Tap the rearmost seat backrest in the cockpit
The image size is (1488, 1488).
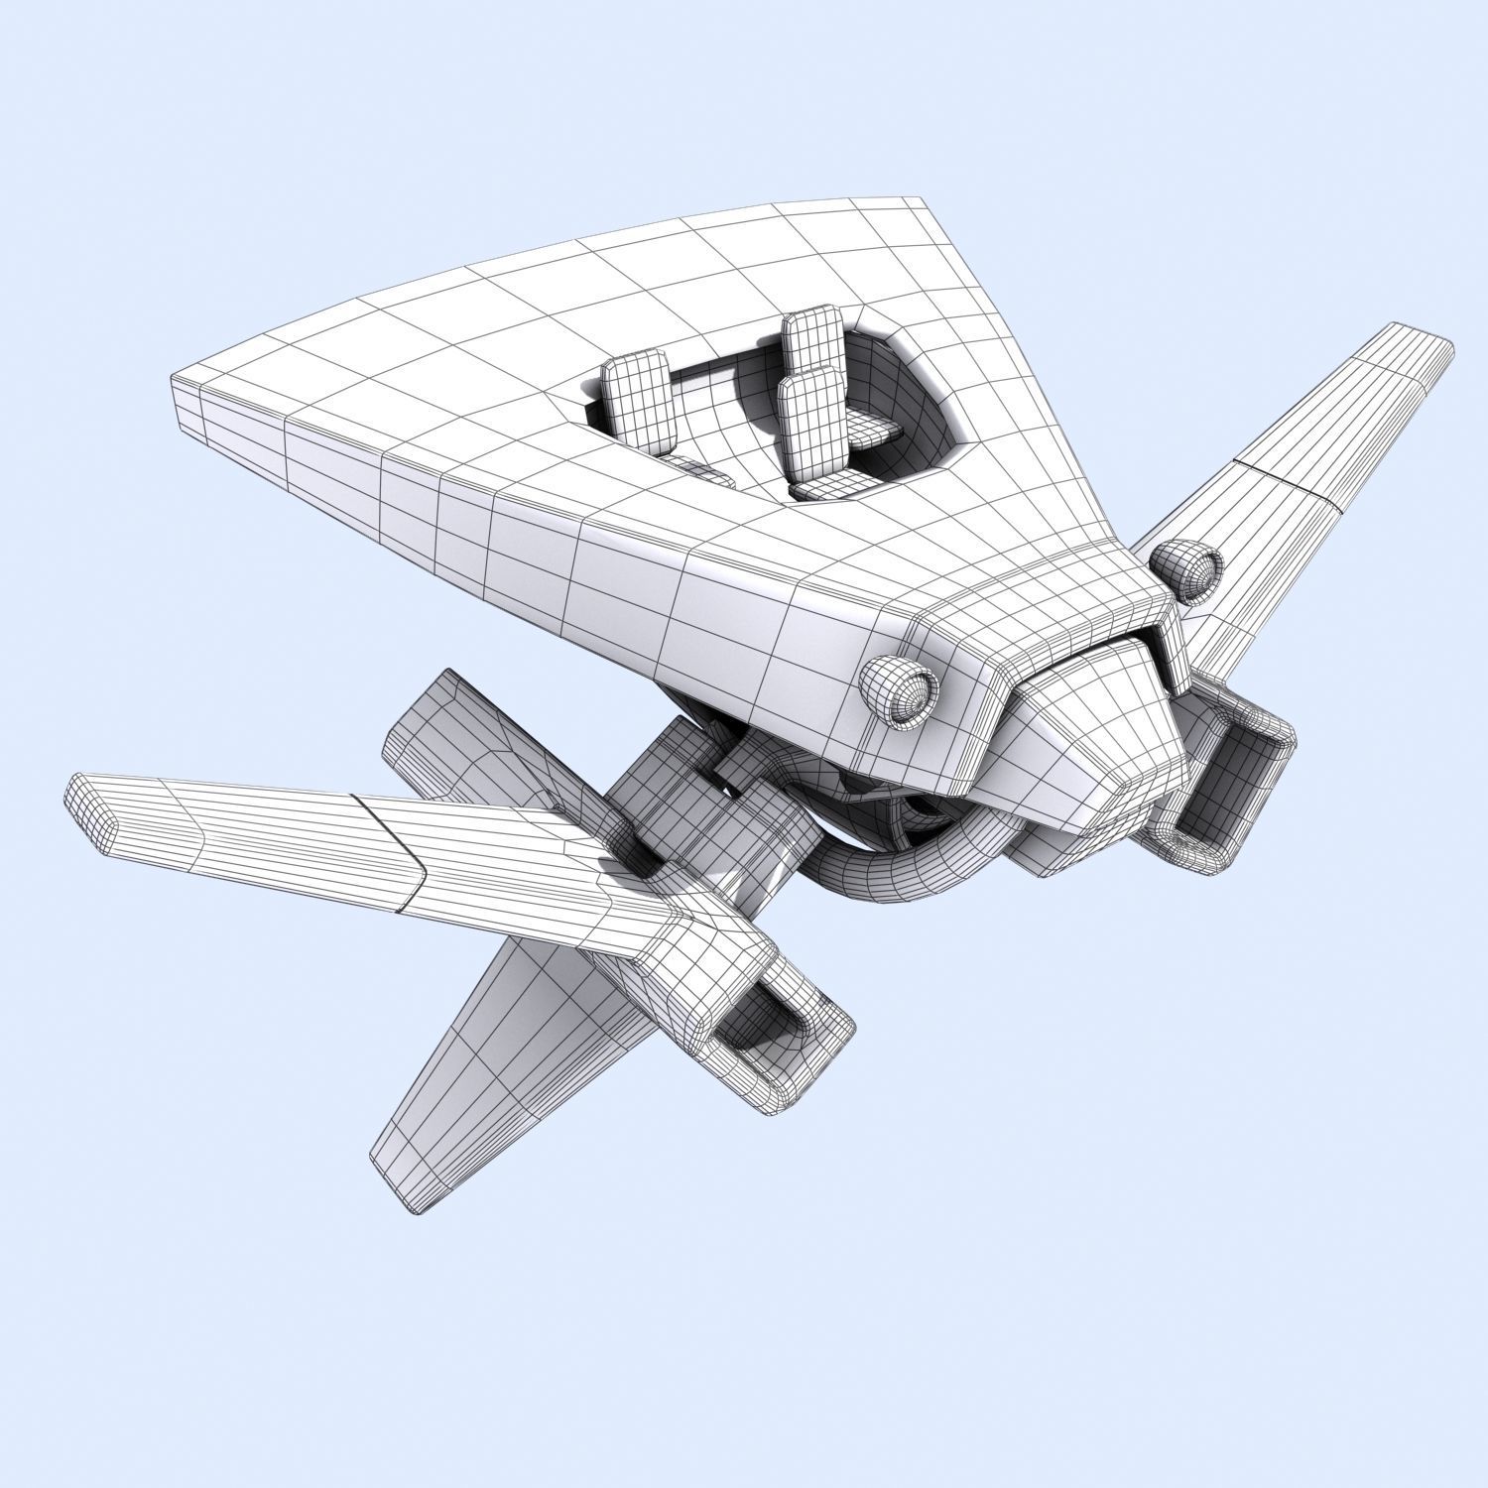811,342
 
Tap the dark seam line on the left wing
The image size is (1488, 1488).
397,853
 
